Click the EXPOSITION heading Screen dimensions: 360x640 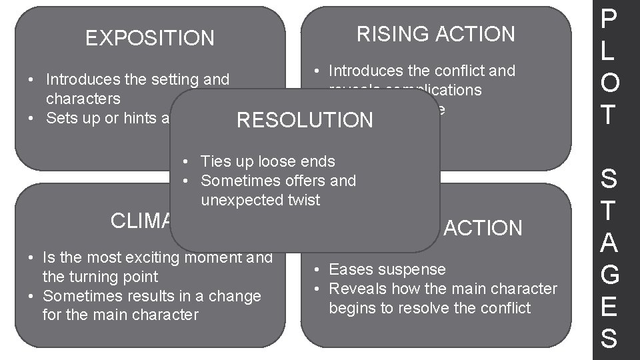[150, 39]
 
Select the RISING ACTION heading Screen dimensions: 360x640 [436, 34]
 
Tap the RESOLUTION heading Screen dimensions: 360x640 [306, 121]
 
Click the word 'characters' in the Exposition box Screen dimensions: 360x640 [83, 99]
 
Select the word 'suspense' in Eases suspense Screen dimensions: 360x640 [416, 269]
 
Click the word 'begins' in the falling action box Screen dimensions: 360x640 [351, 308]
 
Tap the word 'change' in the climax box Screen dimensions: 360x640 [237, 295]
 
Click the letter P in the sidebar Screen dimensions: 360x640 [608, 21]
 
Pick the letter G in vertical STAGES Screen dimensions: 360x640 [608, 275]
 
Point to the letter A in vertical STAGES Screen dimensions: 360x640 [608, 243]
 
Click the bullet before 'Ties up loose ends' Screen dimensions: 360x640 [189, 161]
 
